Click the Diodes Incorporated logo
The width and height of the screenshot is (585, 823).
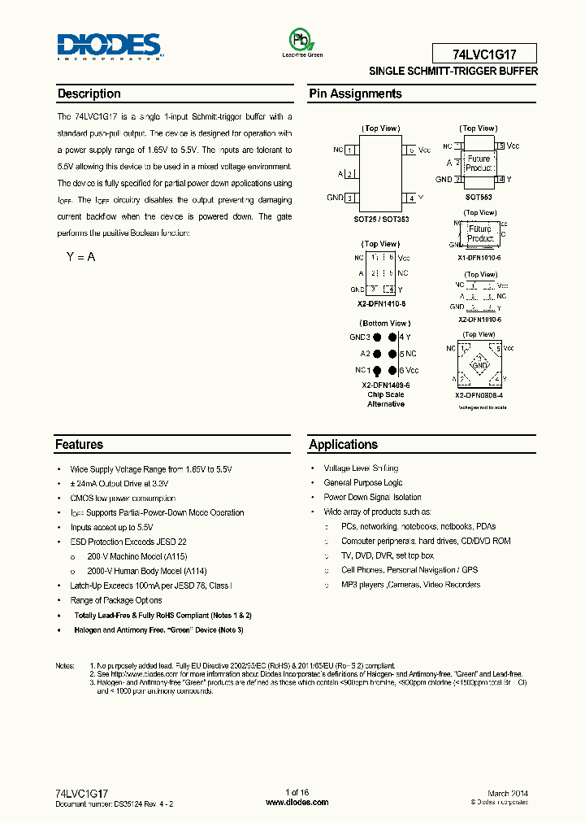110,46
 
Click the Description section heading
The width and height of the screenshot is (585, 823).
89,94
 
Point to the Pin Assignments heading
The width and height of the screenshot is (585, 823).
355,94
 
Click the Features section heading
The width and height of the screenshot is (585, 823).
80,445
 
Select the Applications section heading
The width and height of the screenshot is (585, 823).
344,445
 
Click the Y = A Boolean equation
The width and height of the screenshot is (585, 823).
80,257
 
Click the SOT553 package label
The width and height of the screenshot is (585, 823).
479,197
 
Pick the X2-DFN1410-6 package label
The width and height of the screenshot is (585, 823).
381,303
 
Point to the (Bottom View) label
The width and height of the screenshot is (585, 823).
381,323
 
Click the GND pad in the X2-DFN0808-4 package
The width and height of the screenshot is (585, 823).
480,366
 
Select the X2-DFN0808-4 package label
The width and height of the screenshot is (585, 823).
480,395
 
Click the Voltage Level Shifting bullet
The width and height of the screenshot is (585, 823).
361,468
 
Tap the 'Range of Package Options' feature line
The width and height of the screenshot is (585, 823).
116,600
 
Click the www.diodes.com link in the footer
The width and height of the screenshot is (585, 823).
297,802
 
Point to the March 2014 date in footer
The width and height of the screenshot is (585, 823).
508,793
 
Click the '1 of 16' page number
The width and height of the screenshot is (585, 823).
297,793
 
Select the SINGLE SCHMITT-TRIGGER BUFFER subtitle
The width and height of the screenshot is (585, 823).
453,72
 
